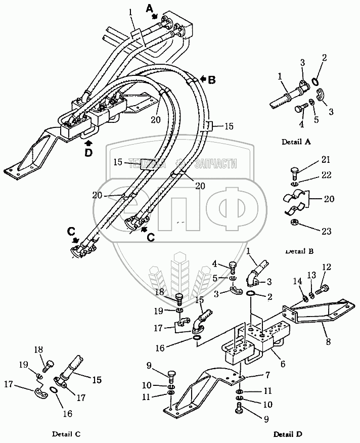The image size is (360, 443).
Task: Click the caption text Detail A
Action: (295, 142)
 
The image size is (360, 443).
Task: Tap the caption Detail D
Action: (288, 434)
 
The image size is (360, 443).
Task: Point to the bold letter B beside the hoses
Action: (211, 79)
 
